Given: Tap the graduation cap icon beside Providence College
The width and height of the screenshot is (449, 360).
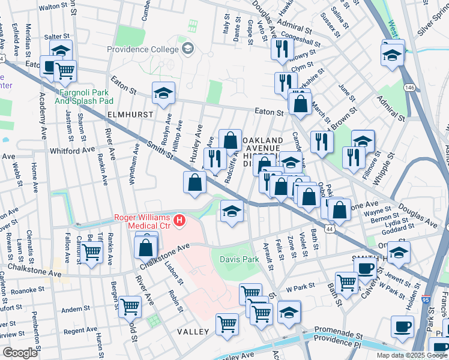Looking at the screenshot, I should click(187, 47).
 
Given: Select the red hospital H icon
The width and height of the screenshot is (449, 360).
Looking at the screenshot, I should click(179, 221).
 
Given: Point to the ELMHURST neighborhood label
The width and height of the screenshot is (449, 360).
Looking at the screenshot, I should click(128, 113).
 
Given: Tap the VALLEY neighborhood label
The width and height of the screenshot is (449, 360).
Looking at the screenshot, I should click(192, 332).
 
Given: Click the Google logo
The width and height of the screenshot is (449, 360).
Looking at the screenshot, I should click(20, 352).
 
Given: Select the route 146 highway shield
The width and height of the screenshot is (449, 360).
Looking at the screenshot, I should click(409, 88).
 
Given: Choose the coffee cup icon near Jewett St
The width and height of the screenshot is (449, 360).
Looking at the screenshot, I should click(365, 267).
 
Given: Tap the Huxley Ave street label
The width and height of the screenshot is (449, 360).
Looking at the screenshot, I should click(195, 146).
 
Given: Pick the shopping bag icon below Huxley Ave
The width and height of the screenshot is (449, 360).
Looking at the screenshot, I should click(195, 182).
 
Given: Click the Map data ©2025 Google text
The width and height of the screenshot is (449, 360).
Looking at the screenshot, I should click(411, 355).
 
